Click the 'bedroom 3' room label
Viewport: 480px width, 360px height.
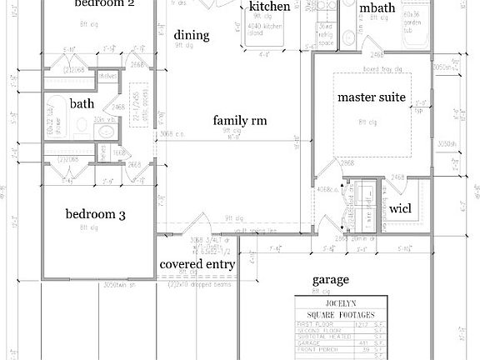pos(95,215)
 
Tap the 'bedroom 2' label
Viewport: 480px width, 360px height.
pos(104,4)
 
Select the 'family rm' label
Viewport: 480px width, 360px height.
pos(239,121)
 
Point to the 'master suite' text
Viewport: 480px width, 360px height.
pos(371,97)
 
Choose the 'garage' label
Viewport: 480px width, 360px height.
pos(330,280)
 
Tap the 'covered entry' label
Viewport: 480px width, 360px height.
pos(197,264)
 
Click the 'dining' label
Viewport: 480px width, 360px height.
pos(191,36)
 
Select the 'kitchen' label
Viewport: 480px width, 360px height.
pos(270,7)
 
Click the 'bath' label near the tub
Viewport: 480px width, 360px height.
pos(82,104)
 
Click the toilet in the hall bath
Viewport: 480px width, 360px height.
pos(80,127)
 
